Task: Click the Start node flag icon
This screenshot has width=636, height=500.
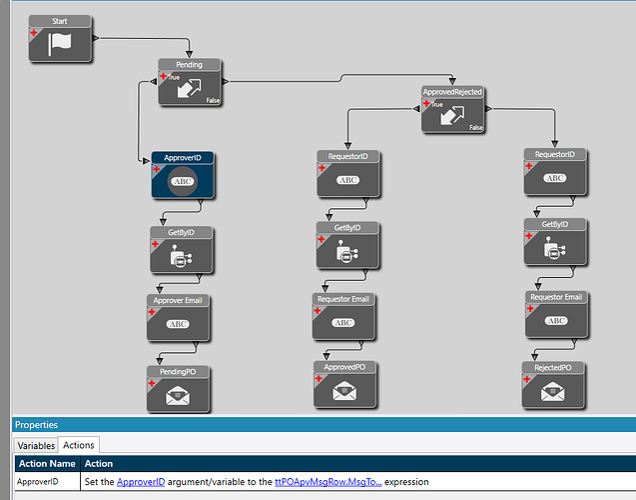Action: tap(62, 43)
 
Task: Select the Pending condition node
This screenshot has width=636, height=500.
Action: tap(190, 87)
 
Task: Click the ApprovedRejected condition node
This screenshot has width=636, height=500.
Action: tap(452, 114)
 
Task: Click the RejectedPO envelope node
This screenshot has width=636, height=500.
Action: tap(552, 392)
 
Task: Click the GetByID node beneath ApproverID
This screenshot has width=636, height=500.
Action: tap(181, 255)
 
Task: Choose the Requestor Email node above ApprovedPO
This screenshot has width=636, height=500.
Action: tap(342, 321)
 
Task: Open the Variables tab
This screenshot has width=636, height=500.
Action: tap(35, 444)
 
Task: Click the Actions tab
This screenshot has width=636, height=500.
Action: tap(79, 444)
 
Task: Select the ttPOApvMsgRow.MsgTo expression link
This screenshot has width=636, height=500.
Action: tap(327, 482)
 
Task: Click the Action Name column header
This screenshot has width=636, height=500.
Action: tap(47, 463)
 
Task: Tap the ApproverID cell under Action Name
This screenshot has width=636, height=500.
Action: tap(39, 482)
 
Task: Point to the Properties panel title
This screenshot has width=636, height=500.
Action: tap(36, 425)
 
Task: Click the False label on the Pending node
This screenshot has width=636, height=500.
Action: tap(213, 100)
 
